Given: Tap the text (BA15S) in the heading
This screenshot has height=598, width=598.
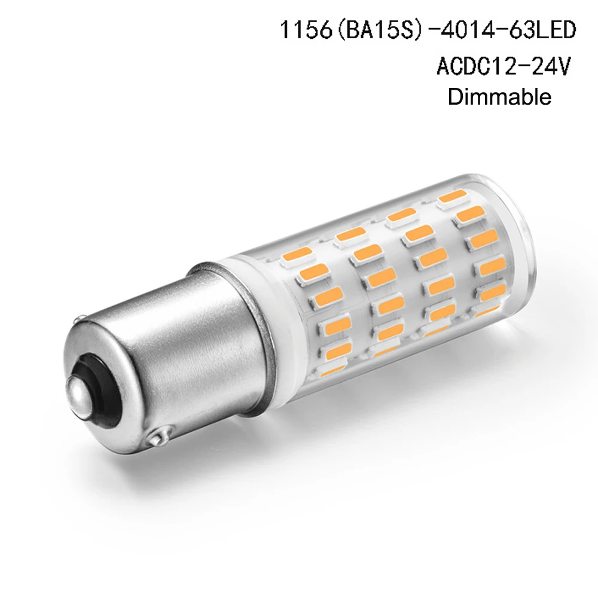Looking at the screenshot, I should coord(379,30).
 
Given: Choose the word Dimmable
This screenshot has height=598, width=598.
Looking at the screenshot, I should coord(499,97).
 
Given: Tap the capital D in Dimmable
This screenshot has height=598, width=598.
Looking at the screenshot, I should coord(455,97).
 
